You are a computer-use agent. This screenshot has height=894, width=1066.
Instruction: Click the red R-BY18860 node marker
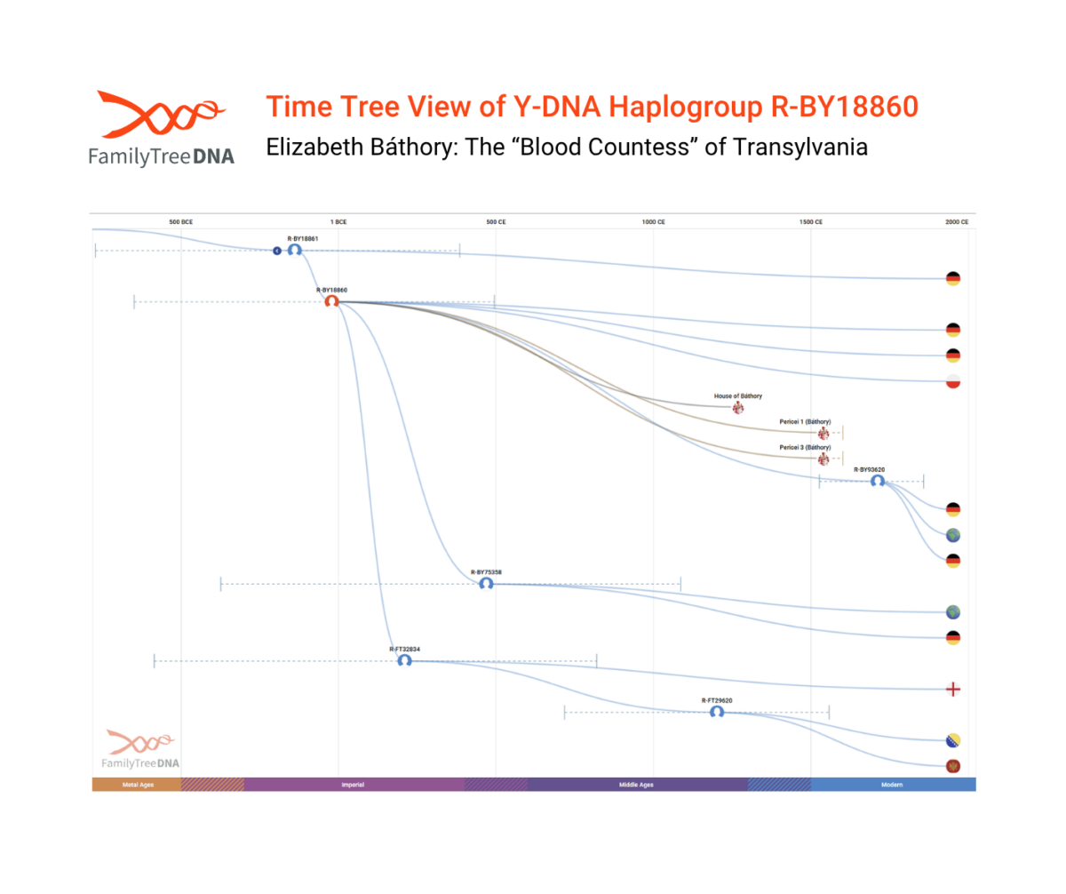331,301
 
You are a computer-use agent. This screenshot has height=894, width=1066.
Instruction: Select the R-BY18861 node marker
294,250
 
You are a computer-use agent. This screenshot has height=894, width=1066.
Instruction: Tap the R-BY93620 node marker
877,481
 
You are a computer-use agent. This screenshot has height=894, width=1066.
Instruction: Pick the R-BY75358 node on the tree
486,584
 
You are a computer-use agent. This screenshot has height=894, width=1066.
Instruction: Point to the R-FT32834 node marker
404,660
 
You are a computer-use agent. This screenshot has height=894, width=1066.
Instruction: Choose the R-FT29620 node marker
716,711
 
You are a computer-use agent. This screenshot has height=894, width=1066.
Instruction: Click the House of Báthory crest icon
737,408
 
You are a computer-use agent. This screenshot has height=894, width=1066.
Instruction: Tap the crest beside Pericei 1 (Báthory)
823,433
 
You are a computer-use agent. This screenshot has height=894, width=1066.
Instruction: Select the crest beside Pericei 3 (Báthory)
823,459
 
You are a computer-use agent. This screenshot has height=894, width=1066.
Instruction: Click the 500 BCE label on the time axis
180,221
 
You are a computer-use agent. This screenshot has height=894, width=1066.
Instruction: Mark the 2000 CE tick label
957,221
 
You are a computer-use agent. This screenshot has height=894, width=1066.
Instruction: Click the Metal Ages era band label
138,785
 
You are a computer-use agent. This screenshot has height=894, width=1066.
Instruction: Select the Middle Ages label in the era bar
636,785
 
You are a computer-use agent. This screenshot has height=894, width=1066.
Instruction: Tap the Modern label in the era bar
893,785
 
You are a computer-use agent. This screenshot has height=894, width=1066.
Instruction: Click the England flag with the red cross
952,689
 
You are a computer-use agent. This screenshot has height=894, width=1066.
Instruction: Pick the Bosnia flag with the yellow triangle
952,740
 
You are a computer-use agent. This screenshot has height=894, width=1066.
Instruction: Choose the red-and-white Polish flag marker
952,381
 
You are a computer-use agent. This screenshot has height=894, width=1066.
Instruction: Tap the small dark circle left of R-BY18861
277,251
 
